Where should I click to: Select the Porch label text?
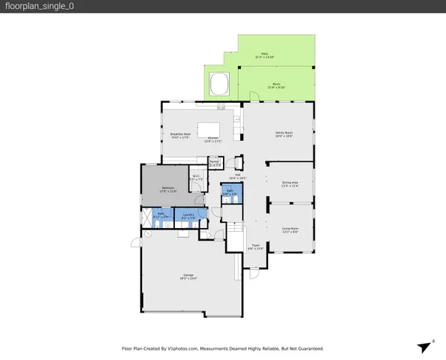276,85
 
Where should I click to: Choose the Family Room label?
283,133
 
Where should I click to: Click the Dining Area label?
290,183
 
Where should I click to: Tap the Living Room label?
290,229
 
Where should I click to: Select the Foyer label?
255,245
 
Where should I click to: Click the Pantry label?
214,162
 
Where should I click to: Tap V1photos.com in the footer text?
182,349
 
